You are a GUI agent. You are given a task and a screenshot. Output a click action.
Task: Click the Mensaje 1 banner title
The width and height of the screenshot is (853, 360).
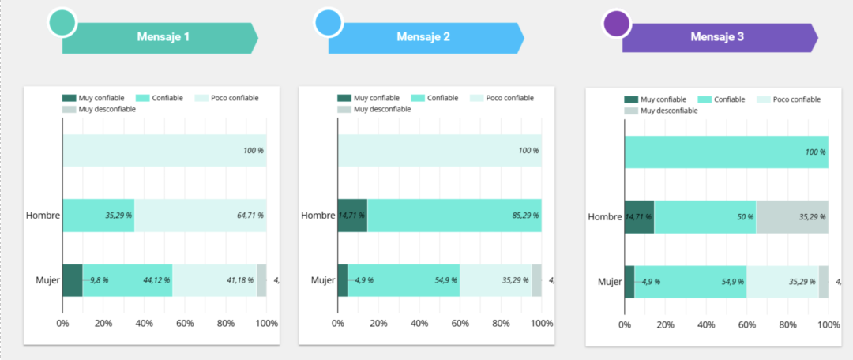click(163, 36)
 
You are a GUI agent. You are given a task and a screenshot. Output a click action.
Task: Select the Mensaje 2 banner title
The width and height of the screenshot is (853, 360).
click(423, 36)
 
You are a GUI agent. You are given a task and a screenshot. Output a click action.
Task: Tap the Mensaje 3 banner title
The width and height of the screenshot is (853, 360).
click(717, 36)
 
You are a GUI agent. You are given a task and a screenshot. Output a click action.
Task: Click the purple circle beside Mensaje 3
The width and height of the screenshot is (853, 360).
click(617, 24)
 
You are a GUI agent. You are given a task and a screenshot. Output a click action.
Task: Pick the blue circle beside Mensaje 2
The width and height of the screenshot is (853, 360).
click(327, 22)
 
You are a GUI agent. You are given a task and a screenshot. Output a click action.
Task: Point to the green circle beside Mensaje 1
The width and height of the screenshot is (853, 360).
click(62, 22)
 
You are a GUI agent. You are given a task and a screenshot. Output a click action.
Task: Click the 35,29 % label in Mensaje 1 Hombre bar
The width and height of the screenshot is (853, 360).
click(118, 215)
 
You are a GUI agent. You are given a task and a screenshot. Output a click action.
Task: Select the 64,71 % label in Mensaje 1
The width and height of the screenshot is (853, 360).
click(249, 215)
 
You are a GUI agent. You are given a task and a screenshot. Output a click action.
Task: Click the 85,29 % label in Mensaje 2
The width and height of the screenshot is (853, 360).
click(524, 215)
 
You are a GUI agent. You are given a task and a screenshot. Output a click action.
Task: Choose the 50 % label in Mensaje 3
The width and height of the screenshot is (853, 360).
click(745, 216)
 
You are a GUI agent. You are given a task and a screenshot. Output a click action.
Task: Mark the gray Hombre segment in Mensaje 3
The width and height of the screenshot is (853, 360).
click(791, 216)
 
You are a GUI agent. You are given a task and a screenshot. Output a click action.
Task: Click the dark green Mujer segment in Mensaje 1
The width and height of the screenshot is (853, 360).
click(72, 280)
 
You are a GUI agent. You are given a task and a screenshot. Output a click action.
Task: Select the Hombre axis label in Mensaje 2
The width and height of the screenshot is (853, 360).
click(318, 216)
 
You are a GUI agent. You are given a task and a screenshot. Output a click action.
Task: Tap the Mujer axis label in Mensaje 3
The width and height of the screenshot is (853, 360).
click(610, 282)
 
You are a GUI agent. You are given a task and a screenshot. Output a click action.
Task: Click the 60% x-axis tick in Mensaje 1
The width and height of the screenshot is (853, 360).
click(185, 323)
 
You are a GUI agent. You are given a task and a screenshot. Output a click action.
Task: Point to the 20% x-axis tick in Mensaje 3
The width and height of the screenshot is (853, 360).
click(665, 324)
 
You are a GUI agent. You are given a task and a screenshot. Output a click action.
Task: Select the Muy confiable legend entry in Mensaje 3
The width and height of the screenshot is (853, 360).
click(656, 99)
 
